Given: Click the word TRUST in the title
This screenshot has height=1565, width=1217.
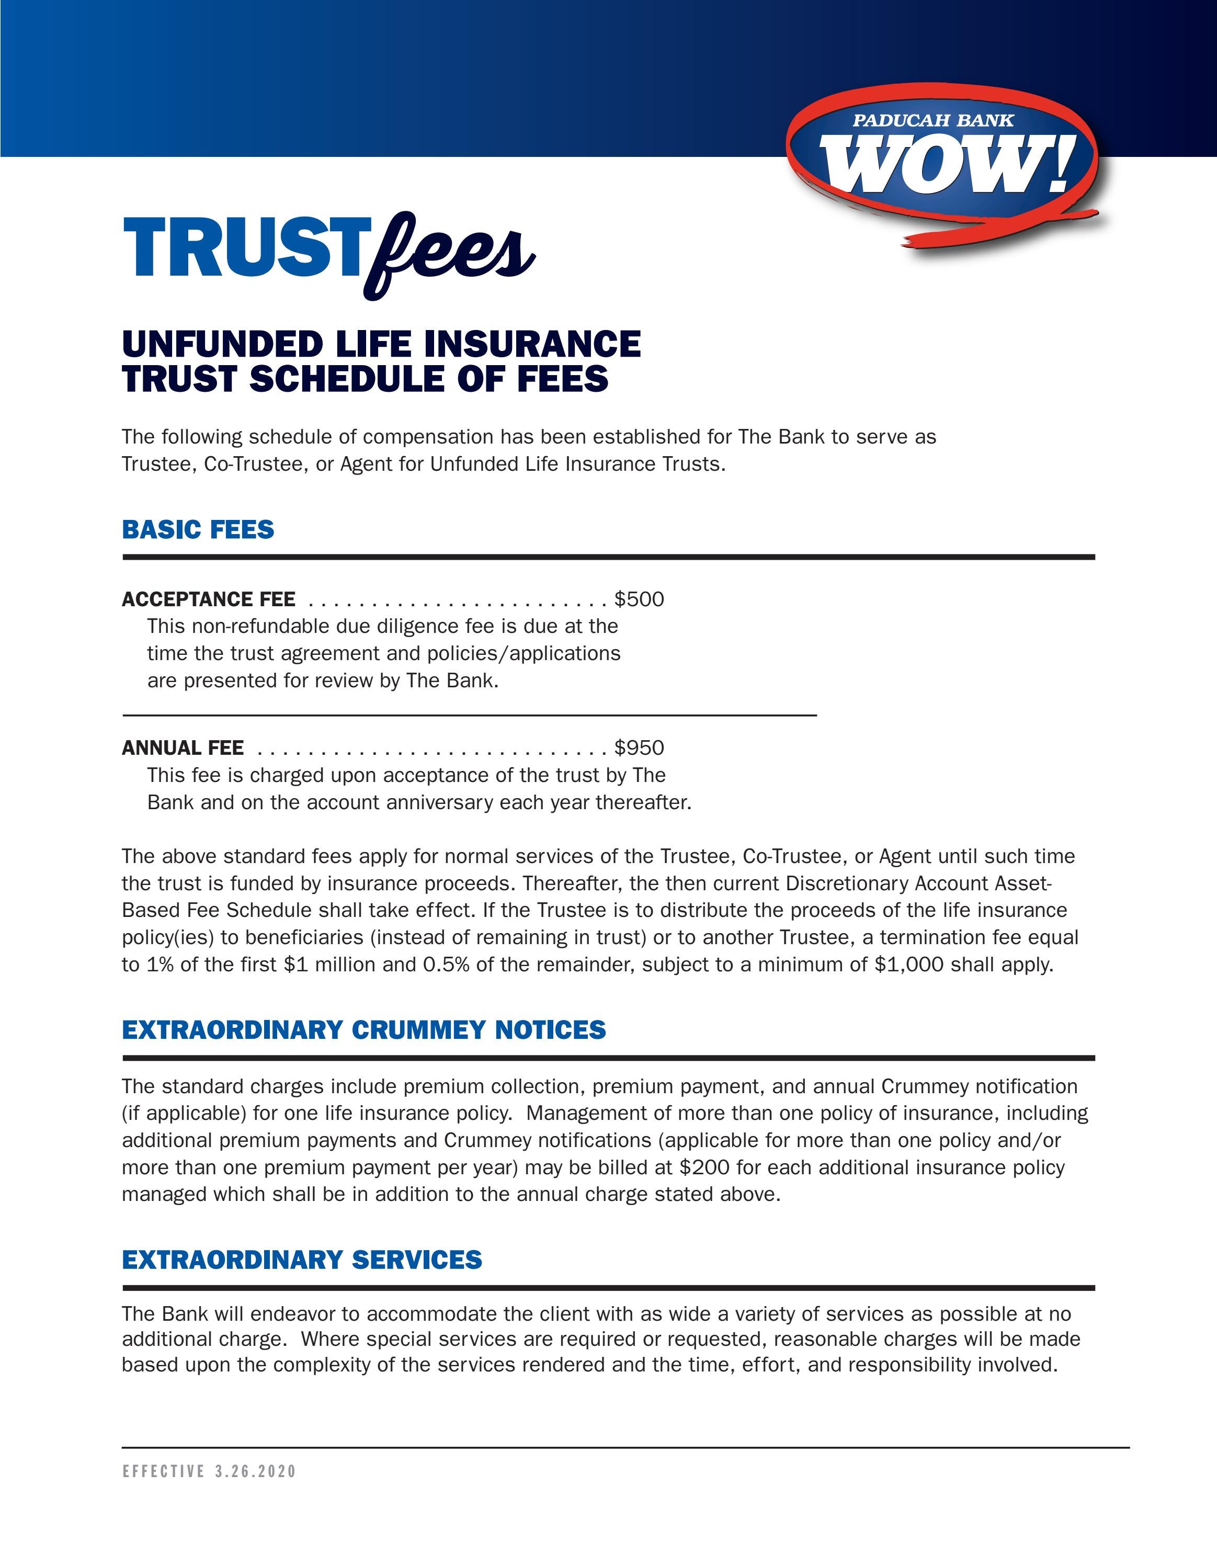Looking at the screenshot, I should tap(242, 248).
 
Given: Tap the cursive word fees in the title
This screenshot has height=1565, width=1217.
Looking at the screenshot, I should tap(450, 254).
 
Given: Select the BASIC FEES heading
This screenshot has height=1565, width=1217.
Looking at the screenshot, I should tap(198, 529).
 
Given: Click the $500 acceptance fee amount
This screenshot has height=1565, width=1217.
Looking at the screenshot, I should tap(639, 599).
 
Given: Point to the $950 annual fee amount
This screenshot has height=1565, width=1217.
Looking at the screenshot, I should tap(639, 748).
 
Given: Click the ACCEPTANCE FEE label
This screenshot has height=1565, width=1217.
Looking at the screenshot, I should tap(209, 599).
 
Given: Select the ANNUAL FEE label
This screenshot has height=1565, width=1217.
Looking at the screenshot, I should tap(183, 748).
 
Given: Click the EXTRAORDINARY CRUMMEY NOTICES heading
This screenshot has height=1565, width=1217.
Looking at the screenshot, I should tap(364, 1030).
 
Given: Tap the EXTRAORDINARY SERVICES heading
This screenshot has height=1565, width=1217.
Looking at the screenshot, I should tap(302, 1260).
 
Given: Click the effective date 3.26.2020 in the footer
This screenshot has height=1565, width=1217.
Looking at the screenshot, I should tap(255, 1472).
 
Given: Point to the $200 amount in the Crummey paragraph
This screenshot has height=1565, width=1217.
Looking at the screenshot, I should tap(704, 1168).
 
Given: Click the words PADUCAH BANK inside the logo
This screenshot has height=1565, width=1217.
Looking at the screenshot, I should tap(932, 120).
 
